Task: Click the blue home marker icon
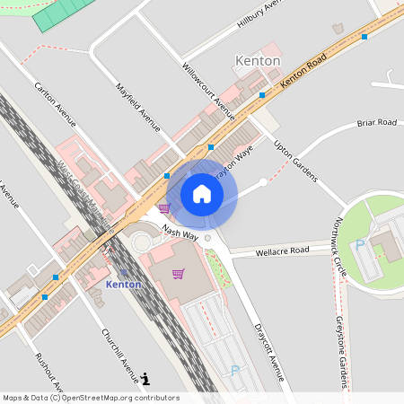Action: [202, 194]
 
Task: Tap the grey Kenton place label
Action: [257, 61]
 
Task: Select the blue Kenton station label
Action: [123, 284]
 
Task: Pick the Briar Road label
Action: [376, 122]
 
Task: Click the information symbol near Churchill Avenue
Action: [145, 380]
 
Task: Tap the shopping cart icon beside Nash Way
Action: [163, 208]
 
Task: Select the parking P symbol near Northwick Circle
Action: [360, 244]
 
